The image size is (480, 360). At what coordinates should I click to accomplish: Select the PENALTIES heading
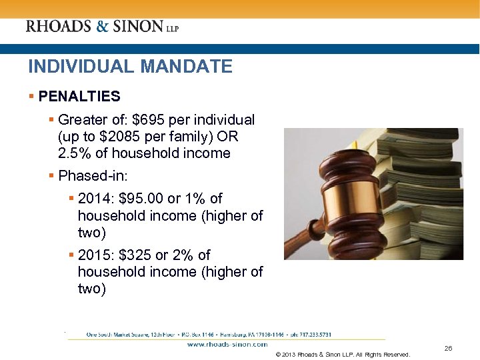point(79,97)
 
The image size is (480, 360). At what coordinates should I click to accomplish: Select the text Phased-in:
point(92,176)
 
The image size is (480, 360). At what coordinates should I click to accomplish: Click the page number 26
point(448,349)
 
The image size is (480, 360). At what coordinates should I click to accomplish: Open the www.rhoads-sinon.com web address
point(227,345)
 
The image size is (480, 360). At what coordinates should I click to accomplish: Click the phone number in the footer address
point(311,334)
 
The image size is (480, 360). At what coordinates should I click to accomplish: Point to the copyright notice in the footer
point(343,355)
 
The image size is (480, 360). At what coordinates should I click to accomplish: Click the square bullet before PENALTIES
point(31,97)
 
